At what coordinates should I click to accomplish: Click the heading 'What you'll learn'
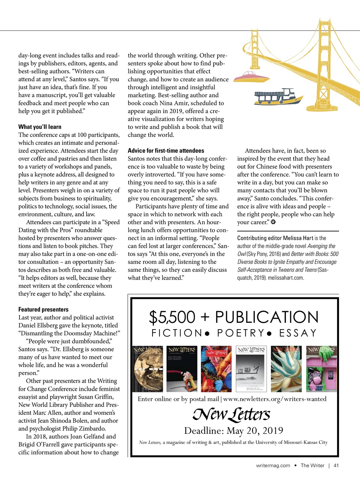coord(40,127)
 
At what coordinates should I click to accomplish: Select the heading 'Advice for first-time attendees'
coord(166,150)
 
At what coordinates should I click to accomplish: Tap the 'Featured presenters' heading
coord(43,309)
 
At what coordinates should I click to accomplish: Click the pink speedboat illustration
coord(251,77)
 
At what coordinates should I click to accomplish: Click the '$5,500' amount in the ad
coord(172,317)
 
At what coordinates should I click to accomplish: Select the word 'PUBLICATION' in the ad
coord(266,317)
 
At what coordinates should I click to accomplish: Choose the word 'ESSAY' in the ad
coord(298,333)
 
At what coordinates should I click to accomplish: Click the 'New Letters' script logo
coord(231,414)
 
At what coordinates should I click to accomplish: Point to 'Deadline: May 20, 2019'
coord(233,430)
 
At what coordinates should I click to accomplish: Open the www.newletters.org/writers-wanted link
coord(275,399)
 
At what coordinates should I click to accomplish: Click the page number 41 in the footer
coord(336,465)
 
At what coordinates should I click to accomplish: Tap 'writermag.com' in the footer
coord(273,465)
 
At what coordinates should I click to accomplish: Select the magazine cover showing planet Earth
coord(148,369)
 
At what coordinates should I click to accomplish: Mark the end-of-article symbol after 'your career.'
coord(273,222)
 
